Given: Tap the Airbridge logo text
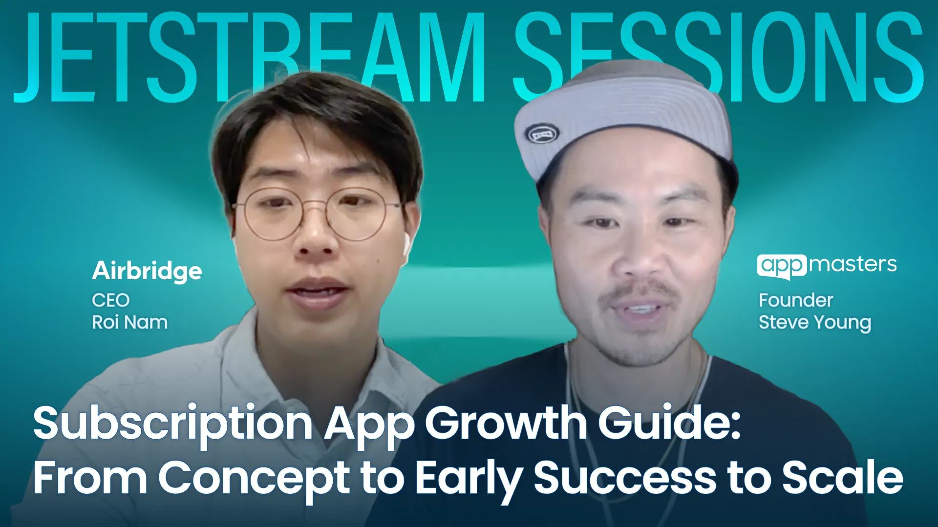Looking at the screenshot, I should tap(147, 271).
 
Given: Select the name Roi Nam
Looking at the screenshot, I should tap(129, 323).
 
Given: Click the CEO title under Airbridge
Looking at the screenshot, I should tap(110, 300).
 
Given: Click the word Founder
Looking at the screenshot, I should tap(795, 300).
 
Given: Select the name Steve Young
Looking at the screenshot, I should tap(814, 323).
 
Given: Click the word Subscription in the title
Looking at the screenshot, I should tap(172, 424).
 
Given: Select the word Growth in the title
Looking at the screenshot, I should tap(506, 423).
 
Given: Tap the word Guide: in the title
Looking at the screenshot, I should tap(669, 423).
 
